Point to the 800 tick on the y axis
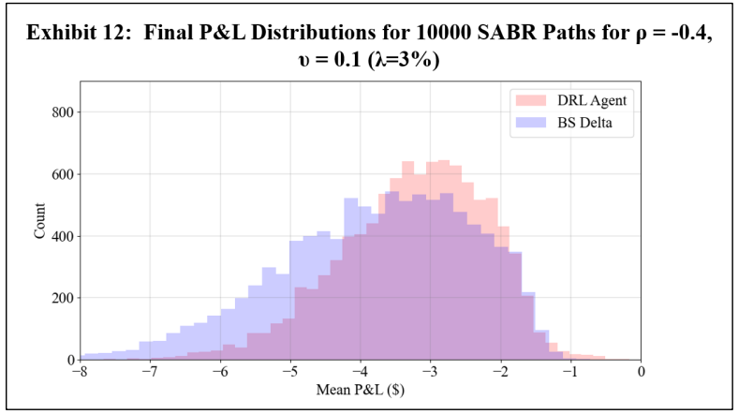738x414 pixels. (62, 112)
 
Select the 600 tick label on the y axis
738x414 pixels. (62, 174)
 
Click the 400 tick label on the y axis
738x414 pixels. (62, 236)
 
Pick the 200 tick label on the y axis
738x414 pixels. (62, 298)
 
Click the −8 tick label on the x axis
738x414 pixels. (79, 373)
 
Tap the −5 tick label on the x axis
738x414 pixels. (289, 373)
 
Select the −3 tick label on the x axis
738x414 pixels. (430, 373)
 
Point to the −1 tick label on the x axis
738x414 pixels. (570, 373)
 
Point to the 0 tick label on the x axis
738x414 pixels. (641, 373)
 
